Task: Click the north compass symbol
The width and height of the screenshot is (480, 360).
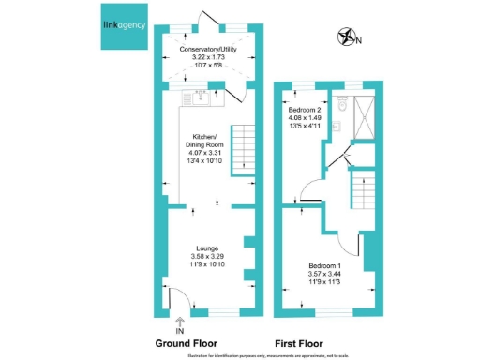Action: coord(349,37)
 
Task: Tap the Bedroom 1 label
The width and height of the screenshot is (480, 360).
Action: coord(328,264)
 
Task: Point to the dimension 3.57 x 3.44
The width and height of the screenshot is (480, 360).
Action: coord(328,272)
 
